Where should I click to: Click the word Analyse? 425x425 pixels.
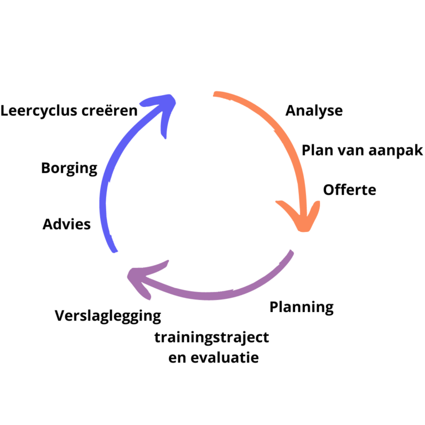point(314,111)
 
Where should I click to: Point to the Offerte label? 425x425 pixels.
point(349,190)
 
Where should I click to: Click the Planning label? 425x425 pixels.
point(302,307)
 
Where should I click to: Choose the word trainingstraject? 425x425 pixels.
point(212,337)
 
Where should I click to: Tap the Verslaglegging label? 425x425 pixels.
point(108,316)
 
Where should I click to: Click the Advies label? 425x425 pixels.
point(66,225)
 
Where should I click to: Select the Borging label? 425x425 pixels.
point(69,168)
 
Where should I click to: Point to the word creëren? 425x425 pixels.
point(109,111)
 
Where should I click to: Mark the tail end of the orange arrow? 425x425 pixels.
point(216,95)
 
